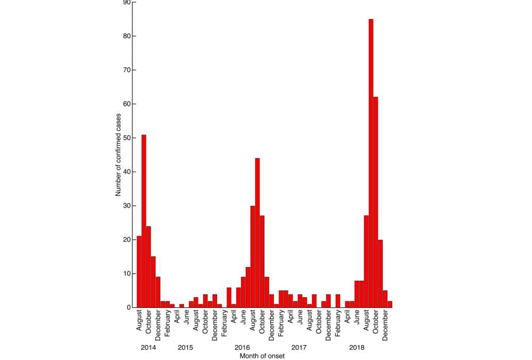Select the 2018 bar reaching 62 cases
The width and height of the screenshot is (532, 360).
pos(376,202)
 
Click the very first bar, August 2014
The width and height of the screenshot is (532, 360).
pos(139,272)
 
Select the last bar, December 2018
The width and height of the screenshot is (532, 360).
pos(390,304)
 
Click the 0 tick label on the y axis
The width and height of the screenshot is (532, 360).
pos(128,307)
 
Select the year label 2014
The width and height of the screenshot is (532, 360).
pos(148,347)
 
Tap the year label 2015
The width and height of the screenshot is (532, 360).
pos(185,347)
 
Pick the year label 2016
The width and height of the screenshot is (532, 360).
pos(243,347)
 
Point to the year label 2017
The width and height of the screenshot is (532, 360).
pos(299,347)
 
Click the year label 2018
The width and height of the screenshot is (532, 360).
pos(356,347)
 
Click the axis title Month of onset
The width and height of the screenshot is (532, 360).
pos(262,355)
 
